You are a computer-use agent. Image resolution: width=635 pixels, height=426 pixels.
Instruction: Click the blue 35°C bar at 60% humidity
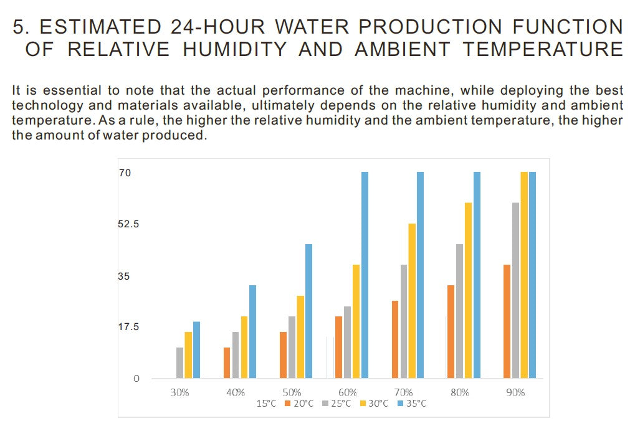point(365,275)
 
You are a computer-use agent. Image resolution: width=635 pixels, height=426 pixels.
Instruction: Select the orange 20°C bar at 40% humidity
point(227,362)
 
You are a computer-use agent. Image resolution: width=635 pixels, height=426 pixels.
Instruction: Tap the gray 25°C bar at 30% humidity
point(179,362)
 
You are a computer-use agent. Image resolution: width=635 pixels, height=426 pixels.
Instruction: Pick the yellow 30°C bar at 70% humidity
point(412,300)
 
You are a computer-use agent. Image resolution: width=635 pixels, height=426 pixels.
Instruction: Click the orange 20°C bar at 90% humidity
point(507,321)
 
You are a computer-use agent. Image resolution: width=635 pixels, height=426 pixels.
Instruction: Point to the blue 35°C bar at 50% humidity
point(308,311)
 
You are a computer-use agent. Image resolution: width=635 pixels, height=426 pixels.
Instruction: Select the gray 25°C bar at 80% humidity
point(459,311)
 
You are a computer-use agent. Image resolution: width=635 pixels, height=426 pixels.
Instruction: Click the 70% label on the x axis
point(403,392)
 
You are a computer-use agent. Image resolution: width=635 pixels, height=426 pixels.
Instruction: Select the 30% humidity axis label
point(179,392)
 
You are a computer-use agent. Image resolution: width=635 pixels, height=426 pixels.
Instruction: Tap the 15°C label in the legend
point(266,404)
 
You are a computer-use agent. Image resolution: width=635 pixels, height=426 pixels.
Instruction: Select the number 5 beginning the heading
point(19,27)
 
